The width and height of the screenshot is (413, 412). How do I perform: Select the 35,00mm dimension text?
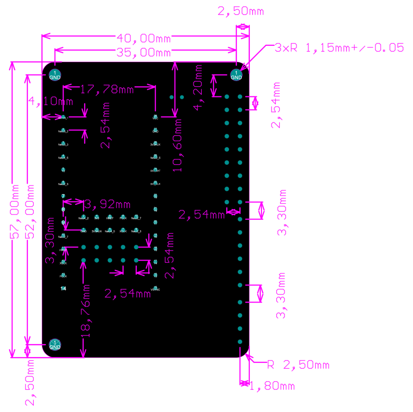pyautogui.click(x=144, y=52)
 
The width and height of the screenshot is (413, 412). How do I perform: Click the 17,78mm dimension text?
pyautogui.click(x=106, y=90)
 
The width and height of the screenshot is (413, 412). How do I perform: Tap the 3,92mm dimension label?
pyautogui.click(x=107, y=205)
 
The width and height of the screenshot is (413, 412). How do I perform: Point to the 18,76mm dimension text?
pyautogui.click(x=87, y=309)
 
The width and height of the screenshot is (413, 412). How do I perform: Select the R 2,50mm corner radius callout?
pyautogui.click(x=298, y=365)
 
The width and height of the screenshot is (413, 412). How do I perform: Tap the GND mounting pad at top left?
pyautogui.click(x=55, y=75)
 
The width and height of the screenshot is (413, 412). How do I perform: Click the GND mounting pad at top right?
pyautogui.click(x=236, y=75)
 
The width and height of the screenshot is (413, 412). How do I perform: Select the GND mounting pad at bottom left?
pyautogui.click(x=55, y=345)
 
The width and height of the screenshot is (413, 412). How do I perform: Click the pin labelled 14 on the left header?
pyautogui.click(x=63, y=288)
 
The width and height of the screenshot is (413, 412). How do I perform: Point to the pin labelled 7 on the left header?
pyautogui.click(x=63, y=196)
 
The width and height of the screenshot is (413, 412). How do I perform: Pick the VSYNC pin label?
pyautogui.click(x=155, y=289)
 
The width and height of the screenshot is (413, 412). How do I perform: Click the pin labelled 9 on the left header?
pyautogui.click(x=63, y=222)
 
